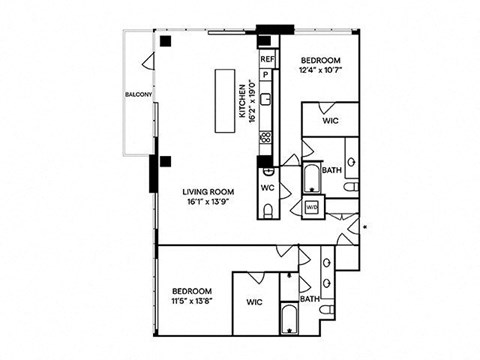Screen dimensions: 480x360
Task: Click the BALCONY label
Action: click(x=139, y=95)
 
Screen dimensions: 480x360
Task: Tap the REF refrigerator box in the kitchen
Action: click(x=268, y=59)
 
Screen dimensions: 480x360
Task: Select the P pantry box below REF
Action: click(x=266, y=75)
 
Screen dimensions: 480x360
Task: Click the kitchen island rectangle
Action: click(x=225, y=101)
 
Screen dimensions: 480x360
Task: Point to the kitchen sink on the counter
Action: click(x=266, y=99)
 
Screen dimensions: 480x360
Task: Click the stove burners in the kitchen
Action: click(x=266, y=137)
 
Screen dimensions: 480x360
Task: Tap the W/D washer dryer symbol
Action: click(x=312, y=207)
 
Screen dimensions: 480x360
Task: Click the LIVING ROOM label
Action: click(x=208, y=192)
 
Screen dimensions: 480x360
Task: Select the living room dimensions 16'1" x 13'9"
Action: click(x=208, y=202)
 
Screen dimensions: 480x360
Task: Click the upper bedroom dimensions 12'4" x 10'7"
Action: click(x=321, y=70)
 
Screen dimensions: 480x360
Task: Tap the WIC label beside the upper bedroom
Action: click(x=331, y=120)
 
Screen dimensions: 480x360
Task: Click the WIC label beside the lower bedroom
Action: click(x=254, y=302)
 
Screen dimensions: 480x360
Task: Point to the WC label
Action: click(x=268, y=188)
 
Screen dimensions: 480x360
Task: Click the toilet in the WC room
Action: click(x=268, y=211)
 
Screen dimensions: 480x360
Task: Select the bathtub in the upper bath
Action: click(x=312, y=178)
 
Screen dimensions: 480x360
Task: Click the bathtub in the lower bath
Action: click(x=289, y=318)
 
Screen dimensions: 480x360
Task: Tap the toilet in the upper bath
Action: click(x=351, y=187)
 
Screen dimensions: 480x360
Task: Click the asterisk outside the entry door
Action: click(x=365, y=227)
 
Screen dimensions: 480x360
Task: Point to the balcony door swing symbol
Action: click(x=148, y=62)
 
